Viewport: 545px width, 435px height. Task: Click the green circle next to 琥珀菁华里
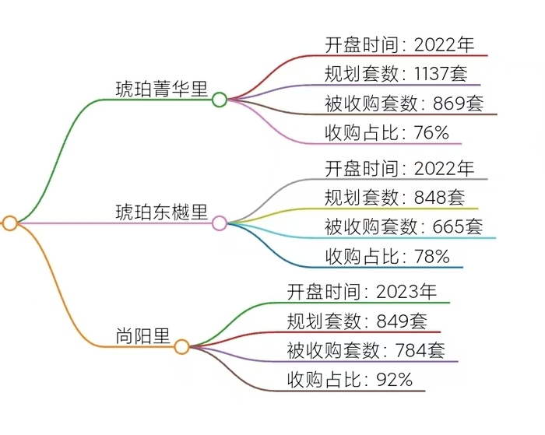(220, 99)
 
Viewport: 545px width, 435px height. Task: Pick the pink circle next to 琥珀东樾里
(220, 223)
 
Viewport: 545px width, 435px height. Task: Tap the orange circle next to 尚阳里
(181, 347)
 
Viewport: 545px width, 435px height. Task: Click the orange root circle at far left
(10, 223)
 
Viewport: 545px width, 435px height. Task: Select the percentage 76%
(431, 133)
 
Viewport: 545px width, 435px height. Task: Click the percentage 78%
(431, 256)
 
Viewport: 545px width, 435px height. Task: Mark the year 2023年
(406, 292)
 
